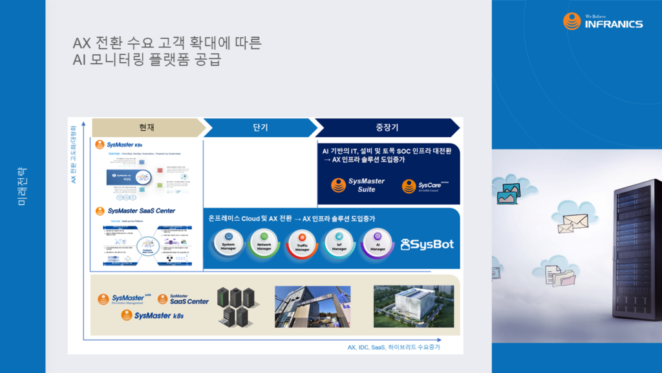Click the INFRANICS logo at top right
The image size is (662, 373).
(603, 21)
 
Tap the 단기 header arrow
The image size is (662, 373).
(260, 128)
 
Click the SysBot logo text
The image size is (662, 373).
(427, 245)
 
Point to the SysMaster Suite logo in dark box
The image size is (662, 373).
(358, 185)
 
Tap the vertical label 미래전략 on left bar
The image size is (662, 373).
(23, 186)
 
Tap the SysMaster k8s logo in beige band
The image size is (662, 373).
(155, 315)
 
